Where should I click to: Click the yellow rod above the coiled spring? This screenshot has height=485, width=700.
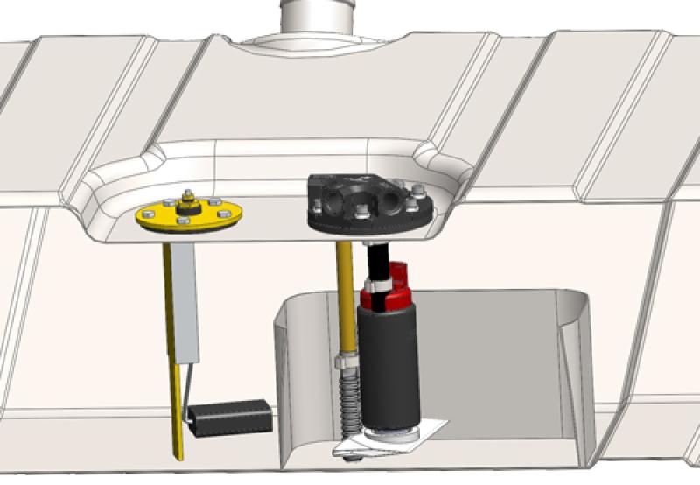[x=344, y=298]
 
